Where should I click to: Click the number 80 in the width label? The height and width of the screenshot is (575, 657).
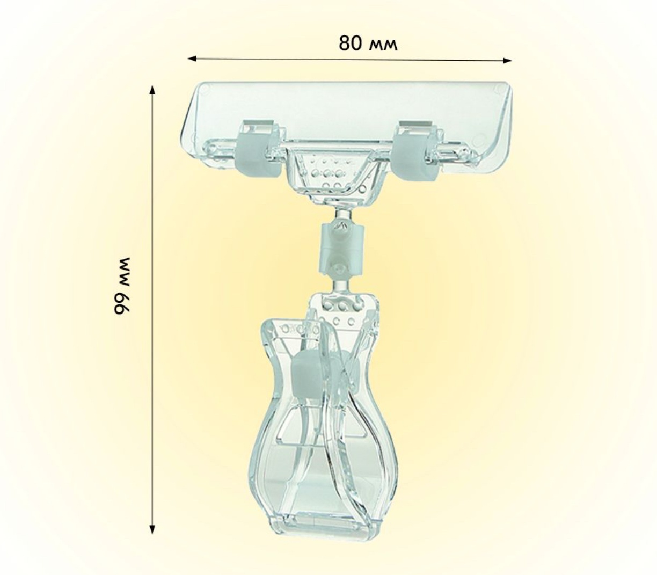[x=351, y=43]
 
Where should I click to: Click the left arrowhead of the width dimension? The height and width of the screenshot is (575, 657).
[x=192, y=59]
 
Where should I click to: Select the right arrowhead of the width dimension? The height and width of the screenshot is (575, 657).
[x=507, y=60]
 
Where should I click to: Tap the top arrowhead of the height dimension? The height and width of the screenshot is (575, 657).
[x=153, y=90]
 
